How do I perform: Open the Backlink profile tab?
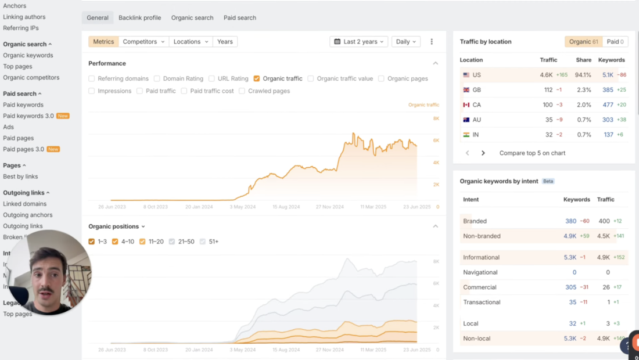click(139, 17)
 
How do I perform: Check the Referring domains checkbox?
click(92, 78)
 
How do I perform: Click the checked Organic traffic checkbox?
click(257, 78)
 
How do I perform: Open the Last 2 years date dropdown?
click(357, 42)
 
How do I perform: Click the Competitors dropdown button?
click(143, 42)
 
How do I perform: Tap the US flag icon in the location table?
click(466, 75)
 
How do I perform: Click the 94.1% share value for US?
click(583, 75)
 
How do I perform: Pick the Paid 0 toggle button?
click(615, 42)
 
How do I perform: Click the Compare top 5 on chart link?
click(532, 153)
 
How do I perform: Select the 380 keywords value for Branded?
click(570, 221)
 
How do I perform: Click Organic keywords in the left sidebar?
click(28, 55)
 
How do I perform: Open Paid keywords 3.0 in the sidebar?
click(28, 116)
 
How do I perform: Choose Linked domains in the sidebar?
click(24, 204)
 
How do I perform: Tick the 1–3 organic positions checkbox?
click(92, 242)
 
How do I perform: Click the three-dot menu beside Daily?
click(432, 42)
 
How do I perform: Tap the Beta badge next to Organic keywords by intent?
click(548, 181)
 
